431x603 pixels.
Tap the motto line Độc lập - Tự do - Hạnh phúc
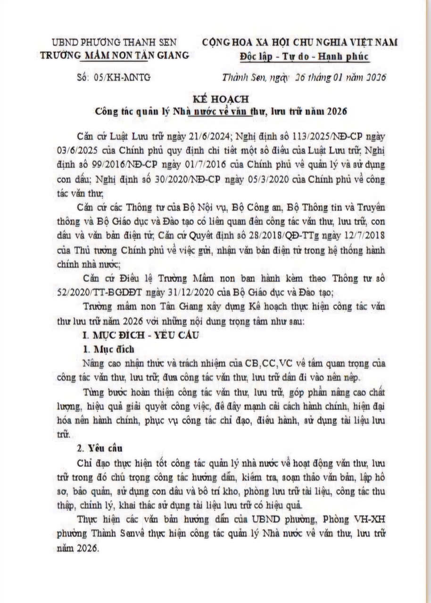tap(304, 57)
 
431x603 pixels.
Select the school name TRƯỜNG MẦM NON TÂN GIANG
tap(115, 55)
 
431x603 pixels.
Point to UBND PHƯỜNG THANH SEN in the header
tap(114, 42)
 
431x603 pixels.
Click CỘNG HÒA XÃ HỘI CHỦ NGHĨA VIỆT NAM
tap(300, 42)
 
